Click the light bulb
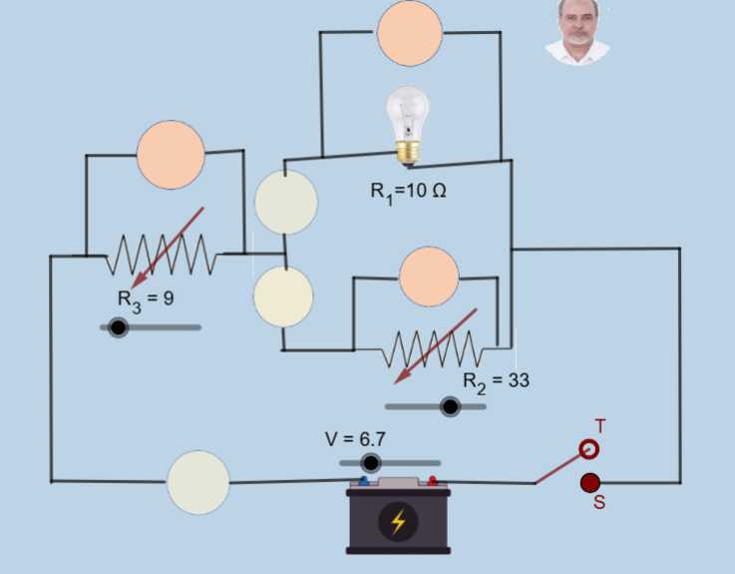408,126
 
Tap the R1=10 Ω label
408,192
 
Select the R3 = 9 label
146,299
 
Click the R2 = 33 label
496,382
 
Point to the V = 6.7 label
355,439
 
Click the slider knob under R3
118,327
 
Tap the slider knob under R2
451,406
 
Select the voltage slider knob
371,463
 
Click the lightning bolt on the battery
398,521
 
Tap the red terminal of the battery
432,481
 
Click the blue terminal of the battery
364,481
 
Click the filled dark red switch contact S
590,483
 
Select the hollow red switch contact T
588,449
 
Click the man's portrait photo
578,32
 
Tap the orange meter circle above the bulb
410,33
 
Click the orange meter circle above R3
171,155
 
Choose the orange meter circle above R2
429,277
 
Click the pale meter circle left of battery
198,482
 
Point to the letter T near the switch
600,426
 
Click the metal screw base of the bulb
408,154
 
